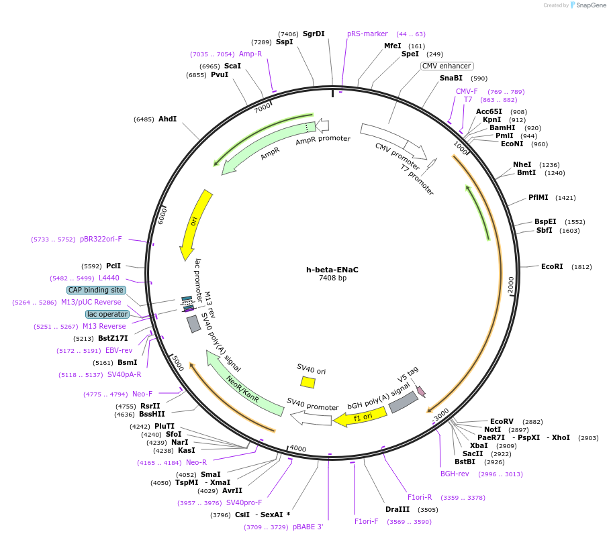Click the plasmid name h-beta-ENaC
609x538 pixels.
pos(332,270)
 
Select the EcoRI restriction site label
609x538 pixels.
pos(552,266)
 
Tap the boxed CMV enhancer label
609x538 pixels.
pos(447,66)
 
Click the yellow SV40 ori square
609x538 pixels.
pos(308,382)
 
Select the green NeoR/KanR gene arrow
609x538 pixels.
pos(242,386)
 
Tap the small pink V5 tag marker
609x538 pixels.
pos(421,390)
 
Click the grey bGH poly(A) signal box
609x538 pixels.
pos(404,402)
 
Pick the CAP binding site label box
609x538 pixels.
pos(96,290)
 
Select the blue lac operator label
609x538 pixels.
pos(107,314)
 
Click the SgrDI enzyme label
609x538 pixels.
pos(314,34)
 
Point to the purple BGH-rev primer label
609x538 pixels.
pos(455,474)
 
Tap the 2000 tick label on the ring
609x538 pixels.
pos(510,284)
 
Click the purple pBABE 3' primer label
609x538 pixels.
pos(308,527)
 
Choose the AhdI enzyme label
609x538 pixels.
pos(167,119)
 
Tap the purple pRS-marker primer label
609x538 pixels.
pos(367,34)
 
